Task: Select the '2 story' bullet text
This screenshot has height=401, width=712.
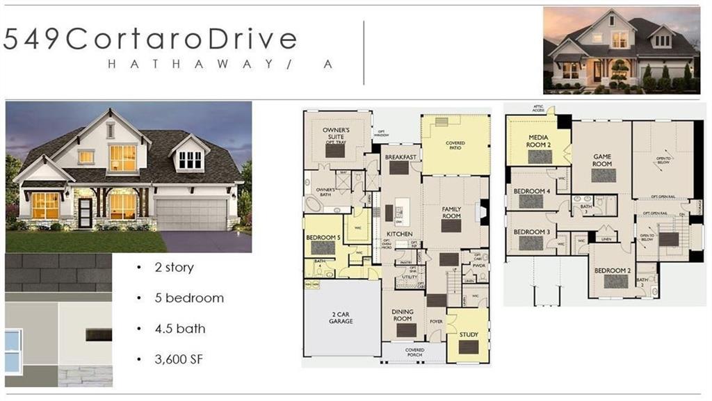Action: (175, 268)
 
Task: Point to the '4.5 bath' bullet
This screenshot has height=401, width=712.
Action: (180, 328)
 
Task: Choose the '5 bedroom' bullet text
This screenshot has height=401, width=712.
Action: (189, 298)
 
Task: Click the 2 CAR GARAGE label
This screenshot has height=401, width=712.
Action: (341, 317)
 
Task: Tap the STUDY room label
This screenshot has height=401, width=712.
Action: (469, 334)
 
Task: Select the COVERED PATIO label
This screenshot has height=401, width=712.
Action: (455, 145)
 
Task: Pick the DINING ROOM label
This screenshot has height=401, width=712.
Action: (403, 316)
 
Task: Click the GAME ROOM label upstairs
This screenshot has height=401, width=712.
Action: (602, 160)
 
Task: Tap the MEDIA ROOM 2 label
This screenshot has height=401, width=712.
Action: (540, 141)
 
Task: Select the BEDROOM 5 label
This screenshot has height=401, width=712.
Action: (323, 238)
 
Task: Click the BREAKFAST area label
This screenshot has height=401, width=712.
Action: (400, 157)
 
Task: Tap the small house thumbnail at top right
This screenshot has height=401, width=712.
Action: (621, 49)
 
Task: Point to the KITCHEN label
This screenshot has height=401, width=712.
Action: (399, 234)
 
